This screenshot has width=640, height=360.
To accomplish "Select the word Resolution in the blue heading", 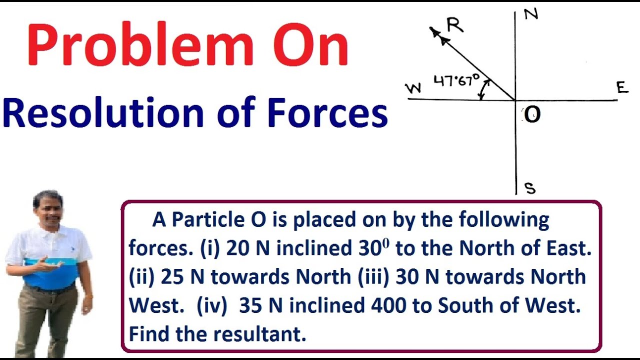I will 102,114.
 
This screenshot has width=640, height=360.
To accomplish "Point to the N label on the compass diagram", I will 531,14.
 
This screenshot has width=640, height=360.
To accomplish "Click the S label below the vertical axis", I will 530,188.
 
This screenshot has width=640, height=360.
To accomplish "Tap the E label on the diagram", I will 621,88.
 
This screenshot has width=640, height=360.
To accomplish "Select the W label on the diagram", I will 413,88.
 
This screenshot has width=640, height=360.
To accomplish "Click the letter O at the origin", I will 532,115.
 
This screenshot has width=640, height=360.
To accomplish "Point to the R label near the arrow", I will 455,25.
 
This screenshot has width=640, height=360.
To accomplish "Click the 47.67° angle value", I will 456,80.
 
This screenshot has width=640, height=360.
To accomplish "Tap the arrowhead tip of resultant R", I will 431,28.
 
